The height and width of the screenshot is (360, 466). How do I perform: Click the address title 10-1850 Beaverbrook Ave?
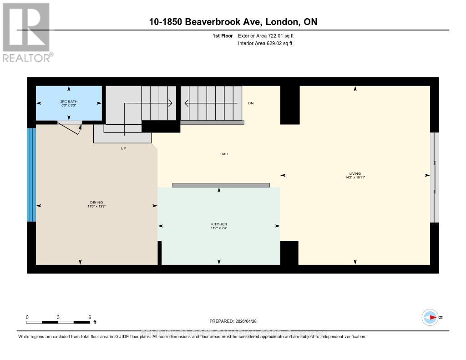pyautogui.click(x=233, y=21)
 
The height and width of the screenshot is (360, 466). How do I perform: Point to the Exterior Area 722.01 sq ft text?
pyautogui.click(x=269, y=35)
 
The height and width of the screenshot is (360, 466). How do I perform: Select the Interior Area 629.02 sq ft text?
pyautogui.click(x=265, y=43)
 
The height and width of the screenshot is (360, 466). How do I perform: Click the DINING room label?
pyautogui.click(x=96, y=204)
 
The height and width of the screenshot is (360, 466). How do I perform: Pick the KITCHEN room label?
pyautogui.click(x=219, y=226)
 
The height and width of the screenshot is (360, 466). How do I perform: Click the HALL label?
pyautogui.click(x=224, y=154)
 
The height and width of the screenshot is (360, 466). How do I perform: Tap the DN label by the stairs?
pyautogui.click(x=250, y=103)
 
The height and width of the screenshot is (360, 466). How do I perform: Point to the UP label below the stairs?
pyautogui.click(x=123, y=148)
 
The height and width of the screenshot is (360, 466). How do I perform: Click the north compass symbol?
pyautogui.click(x=430, y=317)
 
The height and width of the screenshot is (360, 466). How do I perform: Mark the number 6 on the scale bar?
pyautogui.click(x=90, y=317)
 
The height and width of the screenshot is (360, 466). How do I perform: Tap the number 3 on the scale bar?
pyautogui.click(x=58, y=317)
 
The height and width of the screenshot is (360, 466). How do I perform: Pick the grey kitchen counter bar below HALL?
pyautogui.click(x=221, y=185)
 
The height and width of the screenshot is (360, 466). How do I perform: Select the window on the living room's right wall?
pyautogui.click(x=435, y=177)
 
